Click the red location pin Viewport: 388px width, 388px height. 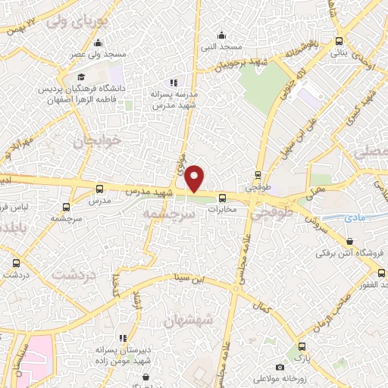(195, 179)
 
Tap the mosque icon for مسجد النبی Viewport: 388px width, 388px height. (221, 34)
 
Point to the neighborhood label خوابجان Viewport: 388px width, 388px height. (96, 141)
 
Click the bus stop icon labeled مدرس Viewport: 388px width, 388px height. (100, 189)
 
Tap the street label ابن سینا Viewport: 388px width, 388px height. (188, 277)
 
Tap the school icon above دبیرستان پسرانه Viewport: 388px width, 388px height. (122, 338)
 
